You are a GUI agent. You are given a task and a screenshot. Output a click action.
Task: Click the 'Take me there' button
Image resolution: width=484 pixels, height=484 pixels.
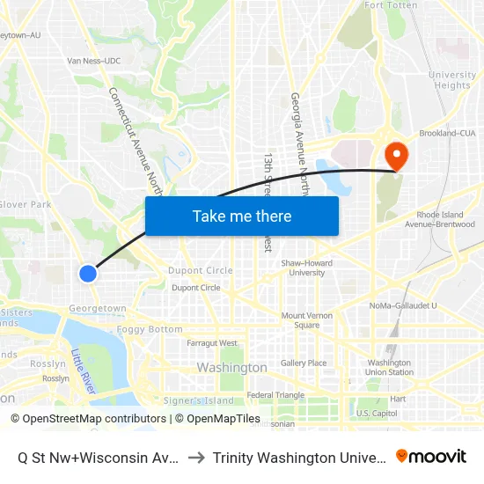click(x=242, y=216)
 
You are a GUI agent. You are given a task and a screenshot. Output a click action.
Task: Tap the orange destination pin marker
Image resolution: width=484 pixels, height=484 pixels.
click(x=398, y=156)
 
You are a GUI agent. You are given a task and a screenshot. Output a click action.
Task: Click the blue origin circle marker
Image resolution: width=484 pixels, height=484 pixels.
click(x=88, y=274)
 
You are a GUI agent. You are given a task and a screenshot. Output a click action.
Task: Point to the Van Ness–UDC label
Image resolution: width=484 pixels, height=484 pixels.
click(x=94, y=61)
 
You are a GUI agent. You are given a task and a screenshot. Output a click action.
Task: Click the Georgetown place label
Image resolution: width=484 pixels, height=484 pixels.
click(x=98, y=309)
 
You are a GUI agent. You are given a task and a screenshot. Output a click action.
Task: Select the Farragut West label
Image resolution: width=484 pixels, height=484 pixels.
click(x=212, y=343)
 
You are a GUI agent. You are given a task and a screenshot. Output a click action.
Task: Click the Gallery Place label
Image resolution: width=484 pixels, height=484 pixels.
click(x=304, y=363)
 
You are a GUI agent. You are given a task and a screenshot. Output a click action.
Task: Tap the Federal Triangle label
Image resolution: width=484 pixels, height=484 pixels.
click(x=275, y=395)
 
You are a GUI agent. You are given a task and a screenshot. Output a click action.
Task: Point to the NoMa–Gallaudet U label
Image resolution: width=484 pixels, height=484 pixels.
click(x=403, y=305)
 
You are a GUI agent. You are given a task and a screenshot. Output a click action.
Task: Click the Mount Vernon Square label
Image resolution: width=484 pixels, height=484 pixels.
click(x=306, y=320)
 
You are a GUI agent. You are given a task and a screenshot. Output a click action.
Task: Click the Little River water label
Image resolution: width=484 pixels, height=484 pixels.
click(x=83, y=372)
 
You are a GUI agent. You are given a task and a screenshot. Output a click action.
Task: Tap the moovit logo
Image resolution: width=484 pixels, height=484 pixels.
click(x=431, y=457)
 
